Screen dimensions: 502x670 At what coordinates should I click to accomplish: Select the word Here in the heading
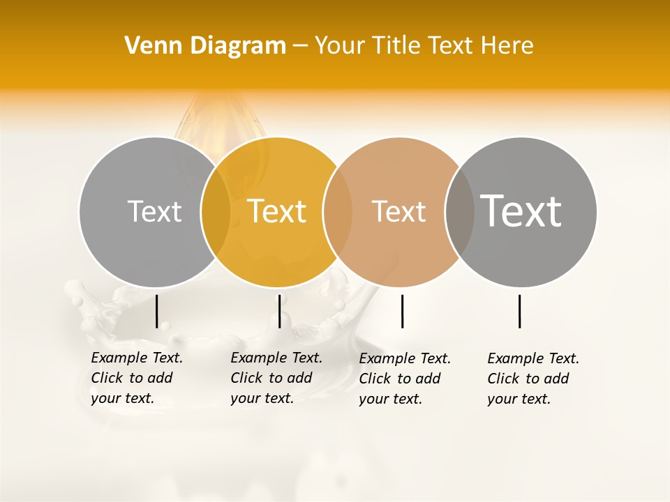coord(507,46)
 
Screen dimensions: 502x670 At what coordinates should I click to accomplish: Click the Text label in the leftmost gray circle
coord(154,211)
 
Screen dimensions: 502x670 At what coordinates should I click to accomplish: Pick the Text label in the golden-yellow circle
coord(277,211)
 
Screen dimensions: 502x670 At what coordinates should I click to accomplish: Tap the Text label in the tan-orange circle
coord(399,211)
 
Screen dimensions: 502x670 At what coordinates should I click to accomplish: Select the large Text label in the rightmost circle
coord(521,211)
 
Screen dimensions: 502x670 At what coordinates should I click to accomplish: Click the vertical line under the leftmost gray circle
coord(157,311)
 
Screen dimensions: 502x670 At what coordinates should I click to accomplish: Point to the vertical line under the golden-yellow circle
coord(280,311)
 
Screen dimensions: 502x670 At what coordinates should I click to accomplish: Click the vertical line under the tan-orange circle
coord(403,311)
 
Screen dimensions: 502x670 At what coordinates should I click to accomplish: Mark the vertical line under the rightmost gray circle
coord(520,311)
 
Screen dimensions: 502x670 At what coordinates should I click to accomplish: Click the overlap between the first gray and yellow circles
coord(216,212)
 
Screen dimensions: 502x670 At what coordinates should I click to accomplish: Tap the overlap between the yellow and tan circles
coord(338,212)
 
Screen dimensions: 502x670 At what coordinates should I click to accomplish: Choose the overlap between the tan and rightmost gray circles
coord(459,212)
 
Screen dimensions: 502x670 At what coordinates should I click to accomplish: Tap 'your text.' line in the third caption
coord(391,399)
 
